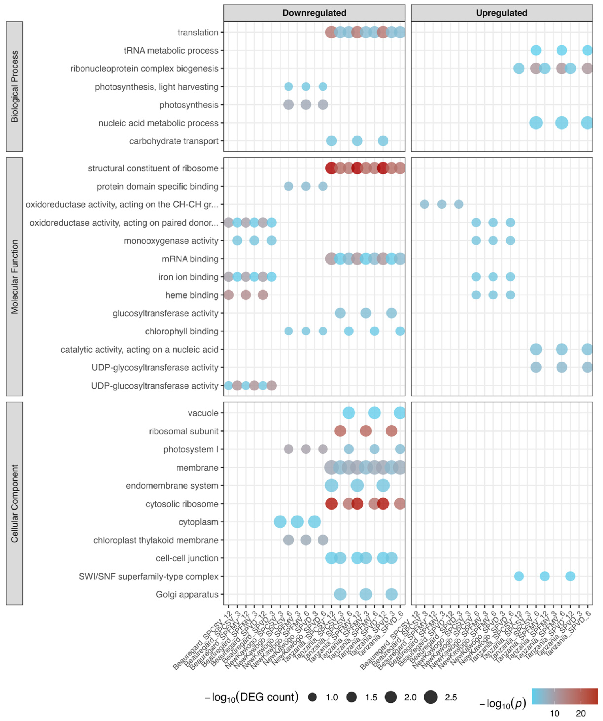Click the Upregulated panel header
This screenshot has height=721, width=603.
point(501,13)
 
